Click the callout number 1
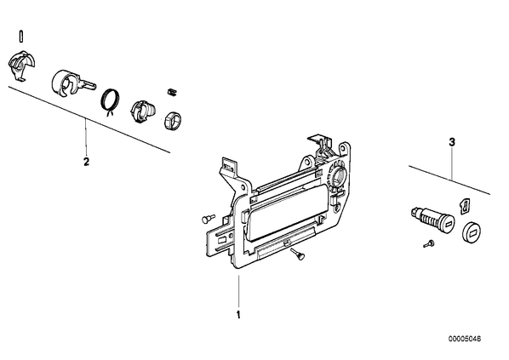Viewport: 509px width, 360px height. (x=238, y=315)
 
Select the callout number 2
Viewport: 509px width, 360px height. (x=86, y=162)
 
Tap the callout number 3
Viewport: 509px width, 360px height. (x=452, y=142)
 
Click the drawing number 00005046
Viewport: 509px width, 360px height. (x=465, y=339)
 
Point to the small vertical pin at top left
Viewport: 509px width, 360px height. (x=21, y=36)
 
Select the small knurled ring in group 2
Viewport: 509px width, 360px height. (x=172, y=120)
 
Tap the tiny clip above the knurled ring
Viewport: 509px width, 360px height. (x=171, y=92)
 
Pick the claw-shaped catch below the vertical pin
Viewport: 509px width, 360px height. (x=21, y=65)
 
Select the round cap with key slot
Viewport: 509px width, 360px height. (x=471, y=231)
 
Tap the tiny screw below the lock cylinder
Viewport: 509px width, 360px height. (x=429, y=243)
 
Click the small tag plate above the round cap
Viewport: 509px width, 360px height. (x=466, y=206)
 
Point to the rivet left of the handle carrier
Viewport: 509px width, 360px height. (x=208, y=218)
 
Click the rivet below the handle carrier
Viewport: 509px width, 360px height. (x=298, y=254)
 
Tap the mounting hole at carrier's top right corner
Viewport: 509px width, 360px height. (x=342, y=149)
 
